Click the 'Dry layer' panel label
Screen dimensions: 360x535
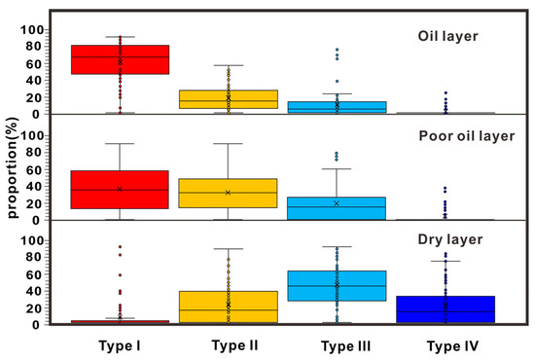point(450,237)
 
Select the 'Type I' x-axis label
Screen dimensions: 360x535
point(120,344)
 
